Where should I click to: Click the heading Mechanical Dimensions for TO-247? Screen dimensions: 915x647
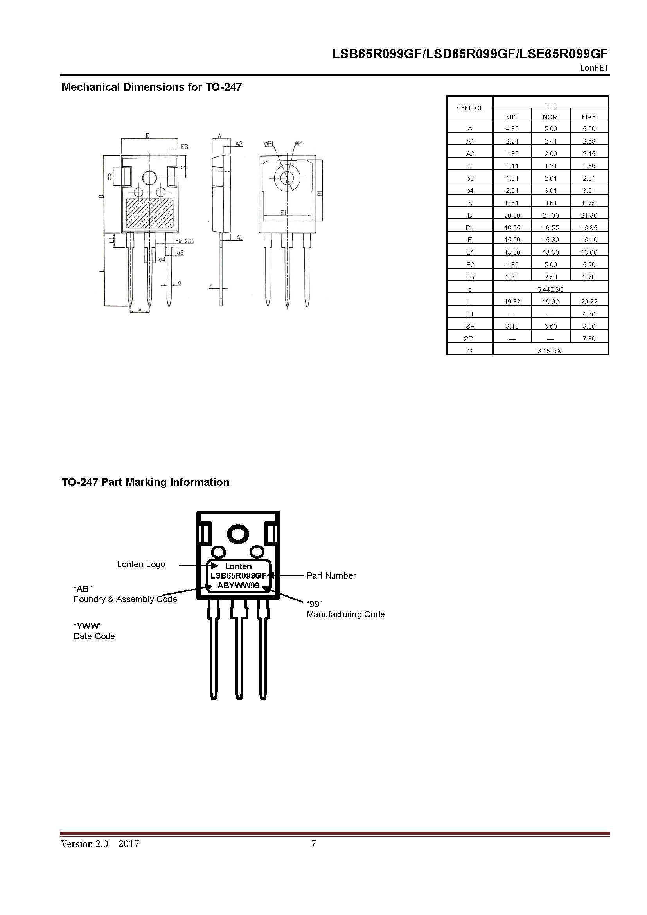coord(151,87)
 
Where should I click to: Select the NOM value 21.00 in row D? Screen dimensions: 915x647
coord(550,215)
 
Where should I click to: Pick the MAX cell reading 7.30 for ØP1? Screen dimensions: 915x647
coord(589,339)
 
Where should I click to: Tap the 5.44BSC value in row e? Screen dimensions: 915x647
coord(550,289)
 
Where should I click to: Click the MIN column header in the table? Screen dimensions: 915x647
coord(512,117)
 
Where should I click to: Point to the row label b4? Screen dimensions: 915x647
coord(470,191)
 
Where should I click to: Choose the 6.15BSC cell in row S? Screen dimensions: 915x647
coord(550,351)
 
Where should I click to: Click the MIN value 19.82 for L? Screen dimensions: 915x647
coord(512,302)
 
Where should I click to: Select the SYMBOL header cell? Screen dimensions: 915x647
coord(470,108)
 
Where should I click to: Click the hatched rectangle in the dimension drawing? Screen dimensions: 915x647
coord(150,213)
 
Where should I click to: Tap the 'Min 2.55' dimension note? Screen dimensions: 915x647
coord(184,241)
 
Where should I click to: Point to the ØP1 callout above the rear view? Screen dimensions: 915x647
coord(269,144)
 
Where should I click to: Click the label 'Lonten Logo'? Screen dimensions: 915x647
coord(141,564)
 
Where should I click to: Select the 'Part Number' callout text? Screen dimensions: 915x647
coord(331,575)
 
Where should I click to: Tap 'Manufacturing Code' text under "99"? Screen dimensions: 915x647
coord(345,614)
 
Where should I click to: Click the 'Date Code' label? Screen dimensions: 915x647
coord(94,636)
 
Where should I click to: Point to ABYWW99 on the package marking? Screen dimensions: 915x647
coord(238,586)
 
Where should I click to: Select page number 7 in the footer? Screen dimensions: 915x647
coord(314,843)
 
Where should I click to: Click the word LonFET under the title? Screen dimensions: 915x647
coord(594,68)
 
